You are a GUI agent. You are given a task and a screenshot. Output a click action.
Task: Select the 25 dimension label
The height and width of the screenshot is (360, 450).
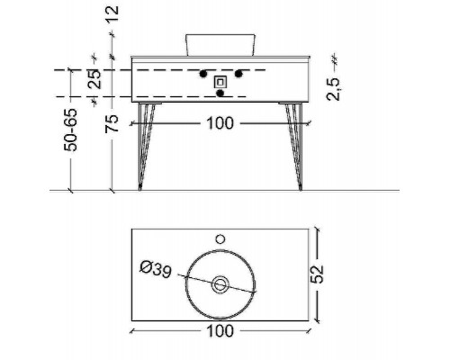point(94,79)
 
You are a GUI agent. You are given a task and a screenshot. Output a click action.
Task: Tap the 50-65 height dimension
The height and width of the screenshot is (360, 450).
point(71,130)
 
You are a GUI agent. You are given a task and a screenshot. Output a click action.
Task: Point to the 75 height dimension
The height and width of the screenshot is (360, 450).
point(112,123)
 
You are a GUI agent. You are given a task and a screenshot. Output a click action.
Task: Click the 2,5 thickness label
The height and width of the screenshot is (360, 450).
point(333,89)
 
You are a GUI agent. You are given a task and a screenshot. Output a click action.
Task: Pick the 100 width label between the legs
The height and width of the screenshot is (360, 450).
point(220,123)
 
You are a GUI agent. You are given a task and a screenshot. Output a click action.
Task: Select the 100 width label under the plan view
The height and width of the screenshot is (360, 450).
point(220,331)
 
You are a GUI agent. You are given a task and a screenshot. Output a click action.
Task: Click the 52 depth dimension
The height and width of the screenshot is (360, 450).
point(317,274)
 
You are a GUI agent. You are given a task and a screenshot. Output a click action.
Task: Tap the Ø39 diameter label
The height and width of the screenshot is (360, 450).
point(156,269)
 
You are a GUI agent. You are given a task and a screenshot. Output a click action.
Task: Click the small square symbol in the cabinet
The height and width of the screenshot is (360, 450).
point(220,82)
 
